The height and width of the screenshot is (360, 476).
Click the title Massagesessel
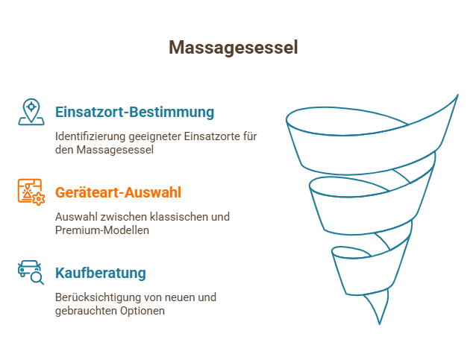[x=233, y=48]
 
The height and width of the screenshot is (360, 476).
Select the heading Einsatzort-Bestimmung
[x=134, y=112]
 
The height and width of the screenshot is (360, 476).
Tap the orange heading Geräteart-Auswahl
[x=118, y=192]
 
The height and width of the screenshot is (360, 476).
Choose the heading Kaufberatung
[x=101, y=273]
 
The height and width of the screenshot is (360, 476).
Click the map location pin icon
[x=31, y=112]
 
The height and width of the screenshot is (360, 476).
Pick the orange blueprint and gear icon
[x=31, y=192]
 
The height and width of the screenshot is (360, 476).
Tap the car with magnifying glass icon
[x=31, y=272]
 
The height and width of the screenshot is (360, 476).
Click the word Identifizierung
[x=90, y=136]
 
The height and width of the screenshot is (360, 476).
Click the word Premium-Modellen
[x=102, y=230]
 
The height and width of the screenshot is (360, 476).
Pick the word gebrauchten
[x=87, y=311]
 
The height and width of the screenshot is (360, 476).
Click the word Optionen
[x=143, y=311]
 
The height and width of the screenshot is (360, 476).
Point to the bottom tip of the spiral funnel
[x=380, y=324]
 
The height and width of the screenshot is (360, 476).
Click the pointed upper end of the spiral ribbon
[x=457, y=95]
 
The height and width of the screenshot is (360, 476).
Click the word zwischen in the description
[x=124, y=217]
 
